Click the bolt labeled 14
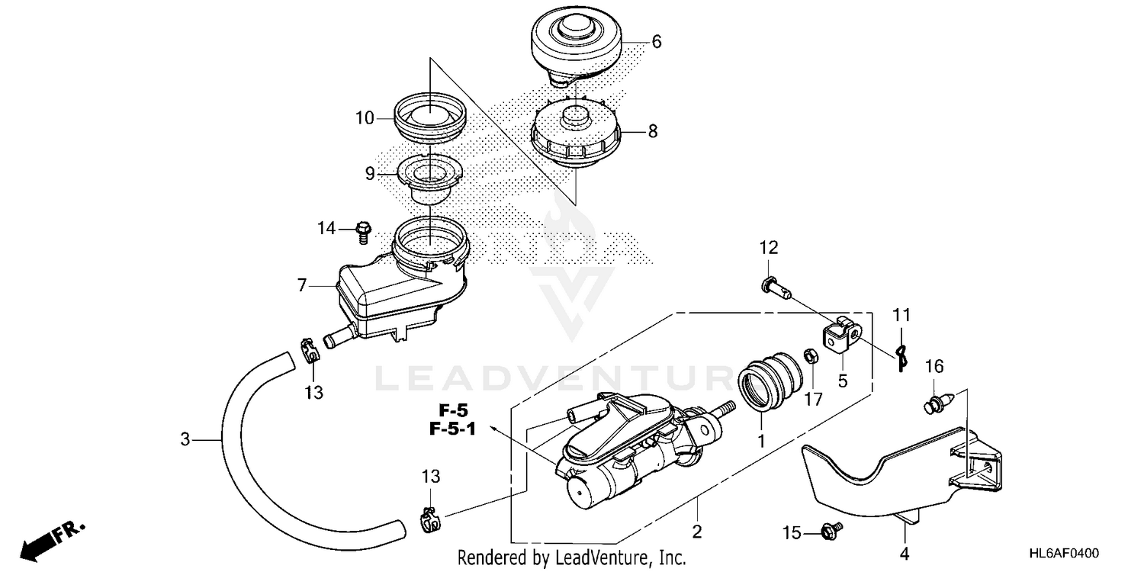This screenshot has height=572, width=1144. click(363, 230)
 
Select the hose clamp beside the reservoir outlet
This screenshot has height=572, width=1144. click(308, 349)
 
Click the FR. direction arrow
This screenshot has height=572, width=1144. click(53, 538)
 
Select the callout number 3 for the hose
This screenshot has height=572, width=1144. click(185, 439)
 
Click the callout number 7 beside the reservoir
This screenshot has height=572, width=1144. click(302, 286)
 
